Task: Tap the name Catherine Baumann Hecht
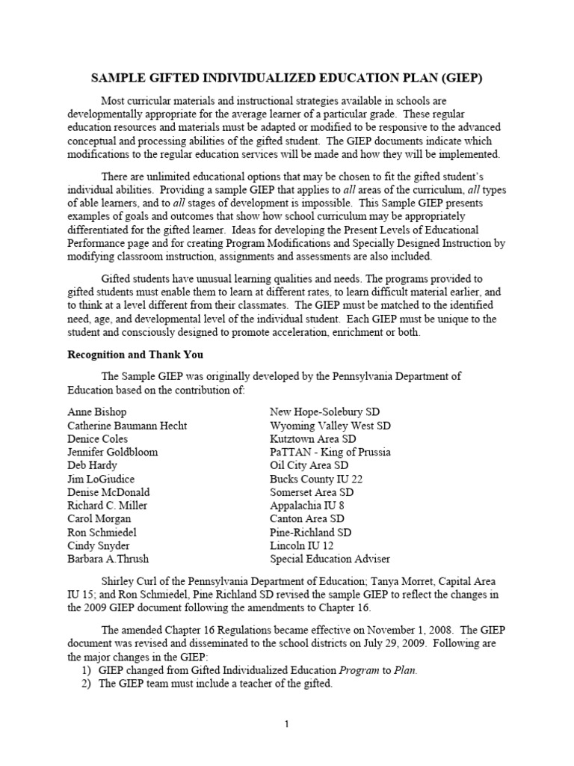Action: pos(127,426)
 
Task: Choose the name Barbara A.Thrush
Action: pos(109,559)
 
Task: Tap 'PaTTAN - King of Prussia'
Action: pos(330,452)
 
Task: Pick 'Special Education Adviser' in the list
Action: pos(330,559)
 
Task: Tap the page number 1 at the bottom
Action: pos(286,724)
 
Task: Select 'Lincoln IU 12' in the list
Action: pos(303,545)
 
